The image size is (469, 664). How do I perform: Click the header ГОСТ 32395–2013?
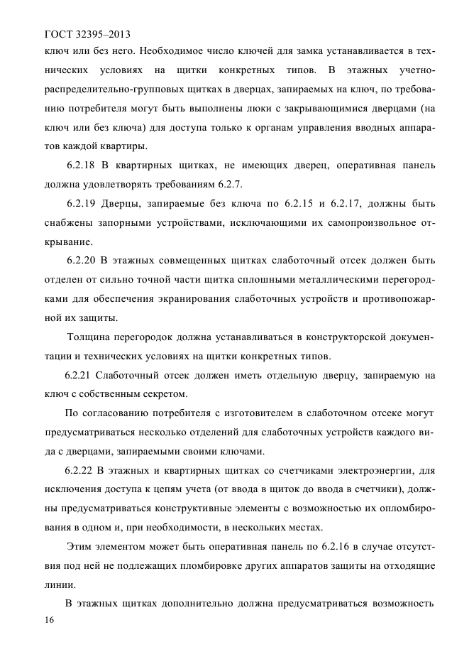[88, 33]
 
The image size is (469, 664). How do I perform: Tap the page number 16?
[50, 621]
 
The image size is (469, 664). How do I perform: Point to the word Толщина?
[89, 337]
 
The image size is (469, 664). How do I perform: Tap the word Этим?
[79, 546]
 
